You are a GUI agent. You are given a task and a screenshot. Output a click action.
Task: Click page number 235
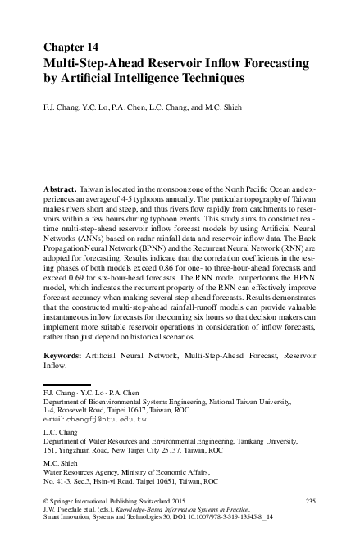coord(310,499)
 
